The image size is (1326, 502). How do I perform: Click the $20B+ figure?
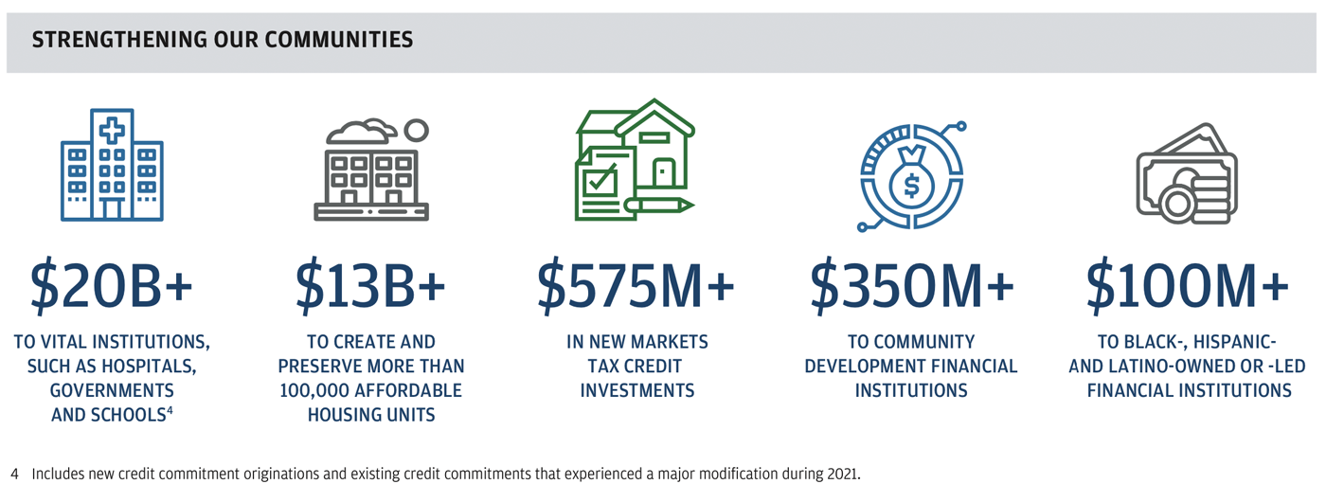coord(112,286)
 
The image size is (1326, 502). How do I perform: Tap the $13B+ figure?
coord(370,286)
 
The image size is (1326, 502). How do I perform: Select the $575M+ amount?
coord(636,286)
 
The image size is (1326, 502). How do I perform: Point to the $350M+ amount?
coord(911,286)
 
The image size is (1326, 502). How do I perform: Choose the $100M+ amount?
coord(1188,286)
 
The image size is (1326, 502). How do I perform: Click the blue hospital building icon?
coord(112,165)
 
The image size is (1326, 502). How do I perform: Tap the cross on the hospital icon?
coord(112,131)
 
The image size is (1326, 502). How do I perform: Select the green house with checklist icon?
coord(635,160)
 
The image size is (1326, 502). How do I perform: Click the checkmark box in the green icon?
coord(600,179)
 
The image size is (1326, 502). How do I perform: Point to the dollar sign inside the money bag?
coord(911,186)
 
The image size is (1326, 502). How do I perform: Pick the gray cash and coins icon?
coord(1187,173)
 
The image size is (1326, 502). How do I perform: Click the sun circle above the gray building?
coord(416,131)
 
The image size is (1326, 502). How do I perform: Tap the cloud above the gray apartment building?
coord(361,132)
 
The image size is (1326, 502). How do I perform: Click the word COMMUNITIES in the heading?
coord(339,40)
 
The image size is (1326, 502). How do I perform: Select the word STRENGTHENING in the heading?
coord(119,40)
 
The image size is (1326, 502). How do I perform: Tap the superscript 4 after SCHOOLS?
coord(170,409)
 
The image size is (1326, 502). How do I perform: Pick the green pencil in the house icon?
coord(658,206)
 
